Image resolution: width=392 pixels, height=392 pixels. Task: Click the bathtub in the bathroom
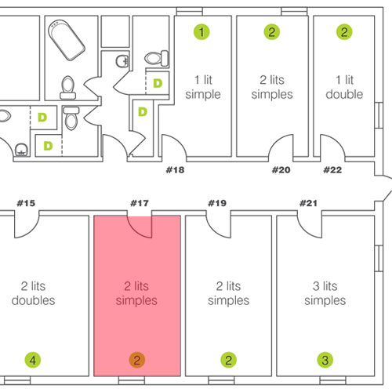click(x=67, y=40)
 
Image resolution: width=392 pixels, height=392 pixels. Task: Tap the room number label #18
click(x=175, y=170)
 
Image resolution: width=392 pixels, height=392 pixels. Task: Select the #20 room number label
click(x=281, y=170)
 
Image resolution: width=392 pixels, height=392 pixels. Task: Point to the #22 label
click(x=332, y=170)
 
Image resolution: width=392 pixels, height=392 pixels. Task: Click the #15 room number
click(x=26, y=203)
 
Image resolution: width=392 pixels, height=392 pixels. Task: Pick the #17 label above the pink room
click(x=140, y=203)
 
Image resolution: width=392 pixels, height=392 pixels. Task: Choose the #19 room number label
click(x=217, y=203)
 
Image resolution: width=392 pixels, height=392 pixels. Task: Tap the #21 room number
click(x=308, y=203)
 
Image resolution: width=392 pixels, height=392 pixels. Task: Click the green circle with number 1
click(x=201, y=32)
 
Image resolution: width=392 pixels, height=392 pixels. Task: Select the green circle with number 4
click(x=33, y=360)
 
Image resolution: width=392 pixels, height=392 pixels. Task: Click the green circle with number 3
click(x=325, y=360)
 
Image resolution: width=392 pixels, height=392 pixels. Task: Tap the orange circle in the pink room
click(x=137, y=360)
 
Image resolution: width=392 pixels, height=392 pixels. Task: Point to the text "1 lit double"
click(x=344, y=87)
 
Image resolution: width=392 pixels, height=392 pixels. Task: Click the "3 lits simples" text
click(x=325, y=293)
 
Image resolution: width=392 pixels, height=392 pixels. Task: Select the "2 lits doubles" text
click(x=33, y=293)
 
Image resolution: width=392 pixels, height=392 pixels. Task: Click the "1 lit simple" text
click(x=203, y=87)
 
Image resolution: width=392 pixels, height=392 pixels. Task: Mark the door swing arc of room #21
click(x=305, y=231)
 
